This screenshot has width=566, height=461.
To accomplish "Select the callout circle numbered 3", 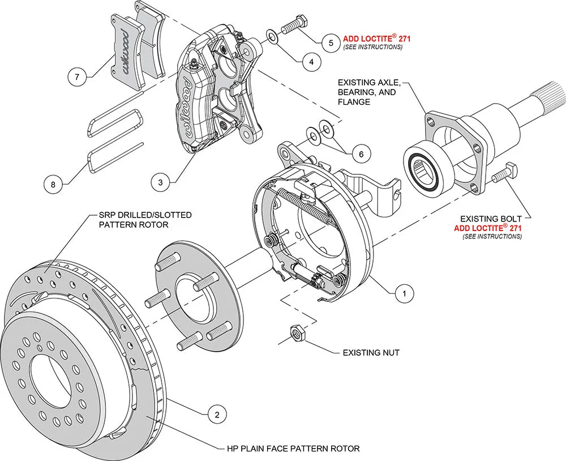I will click(x=161, y=182).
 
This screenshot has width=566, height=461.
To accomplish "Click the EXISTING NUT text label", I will click(x=371, y=352).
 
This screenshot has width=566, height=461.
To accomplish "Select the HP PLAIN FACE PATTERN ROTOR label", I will click(x=290, y=449).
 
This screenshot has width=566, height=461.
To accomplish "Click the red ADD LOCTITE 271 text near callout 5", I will click(x=376, y=39).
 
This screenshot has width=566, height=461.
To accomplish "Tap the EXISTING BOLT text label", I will click(x=490, y=218).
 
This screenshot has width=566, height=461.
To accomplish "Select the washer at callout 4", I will click(x=272, y=37).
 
